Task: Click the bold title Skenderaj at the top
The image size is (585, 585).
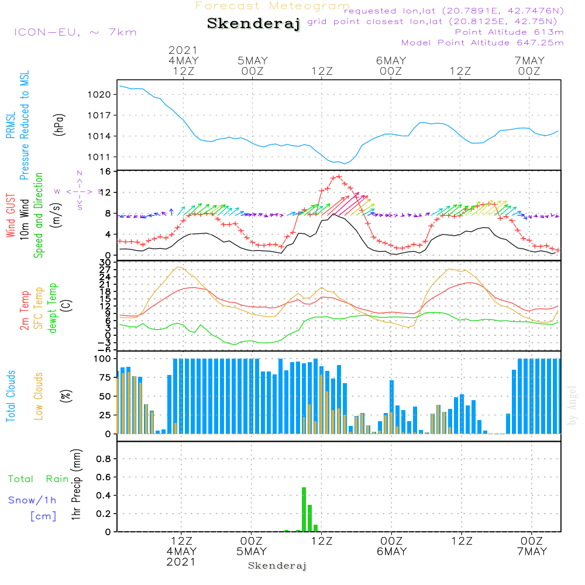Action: click(x=253, y=24)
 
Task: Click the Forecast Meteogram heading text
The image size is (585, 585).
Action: click(x=273, y=6)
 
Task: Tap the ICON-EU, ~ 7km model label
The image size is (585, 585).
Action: click(x=75, y=32)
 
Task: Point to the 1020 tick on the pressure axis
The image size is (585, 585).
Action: click(x=102, y=94)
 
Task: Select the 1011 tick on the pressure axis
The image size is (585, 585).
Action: click(x=102, y=157)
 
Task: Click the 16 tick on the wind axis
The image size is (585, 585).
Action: click(x=106, y=171)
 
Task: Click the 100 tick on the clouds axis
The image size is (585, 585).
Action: click(x=102, y=359)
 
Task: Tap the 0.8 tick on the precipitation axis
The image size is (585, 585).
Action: click(x=104, y=459)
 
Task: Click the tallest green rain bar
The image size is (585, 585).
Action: click(x=304, y=509)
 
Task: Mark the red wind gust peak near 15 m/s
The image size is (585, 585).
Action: click(x=338, y=177)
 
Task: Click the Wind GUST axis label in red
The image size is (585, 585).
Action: click(x=11, y=216)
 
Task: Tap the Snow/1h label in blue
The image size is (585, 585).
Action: click(x=32, y=500)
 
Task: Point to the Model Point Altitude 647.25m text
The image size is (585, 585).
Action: click(x=482, y=43)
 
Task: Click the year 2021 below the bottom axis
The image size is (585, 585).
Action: click(x=181, y=562)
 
